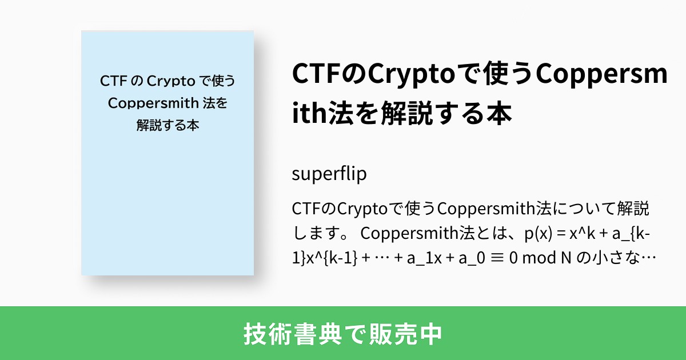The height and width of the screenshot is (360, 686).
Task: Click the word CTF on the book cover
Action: pyautogui.click(x=113, y=81)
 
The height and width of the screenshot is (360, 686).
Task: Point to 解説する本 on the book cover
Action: pyautogui.click(x=167, y=125)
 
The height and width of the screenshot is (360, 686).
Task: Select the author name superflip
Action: pyautogui.click(x=329, y=174)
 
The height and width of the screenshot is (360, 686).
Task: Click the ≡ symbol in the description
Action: pyautogui.click(x=496, y=258)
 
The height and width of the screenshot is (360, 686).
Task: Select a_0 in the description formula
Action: pyautogui.click(x=465, y=258)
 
